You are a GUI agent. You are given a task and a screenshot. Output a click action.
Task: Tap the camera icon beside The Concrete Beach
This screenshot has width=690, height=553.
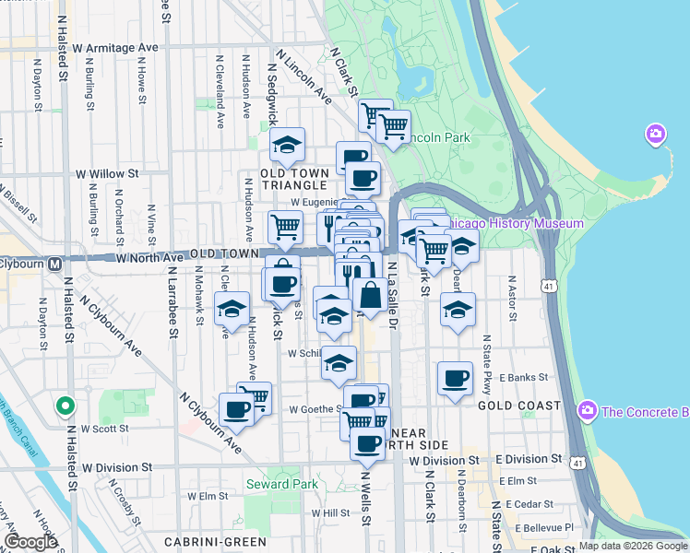click(586, 410)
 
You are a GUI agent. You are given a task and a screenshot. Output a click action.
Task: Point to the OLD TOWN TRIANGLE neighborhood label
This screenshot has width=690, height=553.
click(294, 179)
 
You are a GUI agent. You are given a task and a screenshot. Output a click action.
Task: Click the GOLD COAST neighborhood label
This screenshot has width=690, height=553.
click(519, 406)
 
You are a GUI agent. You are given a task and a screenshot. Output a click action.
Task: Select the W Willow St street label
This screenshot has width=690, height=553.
click(107, 172)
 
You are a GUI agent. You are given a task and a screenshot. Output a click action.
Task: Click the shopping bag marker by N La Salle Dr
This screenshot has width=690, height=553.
click(370, 296)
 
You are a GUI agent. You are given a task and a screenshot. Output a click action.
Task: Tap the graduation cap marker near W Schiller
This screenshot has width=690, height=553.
click(339, 363)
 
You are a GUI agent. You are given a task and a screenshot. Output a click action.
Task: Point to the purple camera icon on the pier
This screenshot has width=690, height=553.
click(656, 135)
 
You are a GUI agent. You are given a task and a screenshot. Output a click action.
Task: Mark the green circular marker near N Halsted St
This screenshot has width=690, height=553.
click(64, 405)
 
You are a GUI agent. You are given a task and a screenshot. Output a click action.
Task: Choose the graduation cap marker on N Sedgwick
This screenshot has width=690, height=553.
click(287, 145)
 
